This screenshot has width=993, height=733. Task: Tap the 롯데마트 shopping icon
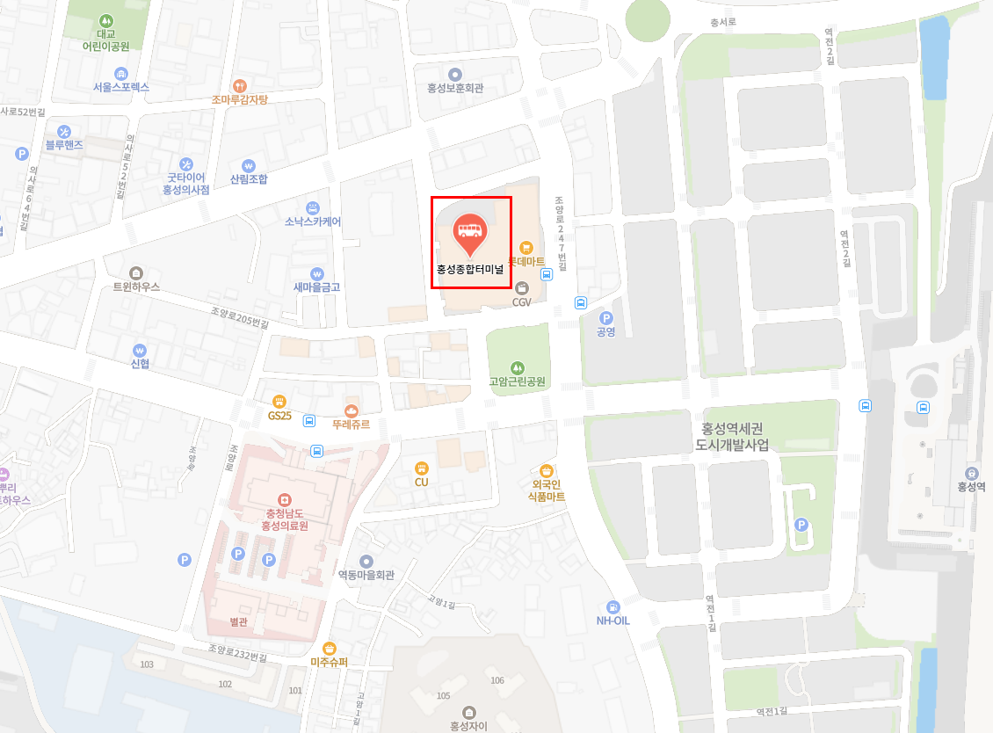(x=526, y=248)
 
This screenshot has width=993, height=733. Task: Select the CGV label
(x=522, y=301)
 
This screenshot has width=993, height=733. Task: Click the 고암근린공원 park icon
(x=518, y=366)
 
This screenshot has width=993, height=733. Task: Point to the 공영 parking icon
(x=605, y=317)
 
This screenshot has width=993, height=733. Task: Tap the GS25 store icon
(x=279, y=401)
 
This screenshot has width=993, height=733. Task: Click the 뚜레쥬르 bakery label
(x=352, y=424)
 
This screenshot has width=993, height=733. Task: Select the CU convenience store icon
(x=421, y=468)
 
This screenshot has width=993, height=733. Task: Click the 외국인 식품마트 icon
(x=547, y=470)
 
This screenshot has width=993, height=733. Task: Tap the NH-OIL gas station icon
(x=613, y=606)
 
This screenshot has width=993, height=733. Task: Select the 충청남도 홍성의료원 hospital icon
(x=283, y=499)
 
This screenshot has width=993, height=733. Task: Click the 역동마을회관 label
(x=366, y=575)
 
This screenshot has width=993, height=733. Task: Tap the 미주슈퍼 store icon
(x=330, y=648)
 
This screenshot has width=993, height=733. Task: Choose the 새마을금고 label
(x=316, y=287)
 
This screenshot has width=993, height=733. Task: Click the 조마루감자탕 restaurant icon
(x=239, y=85)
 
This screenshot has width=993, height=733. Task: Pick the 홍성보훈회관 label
(x=455, y=88)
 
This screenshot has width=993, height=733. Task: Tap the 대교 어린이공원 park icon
(x=106, y=19)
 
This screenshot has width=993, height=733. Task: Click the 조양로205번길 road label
(x=240, y=317)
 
